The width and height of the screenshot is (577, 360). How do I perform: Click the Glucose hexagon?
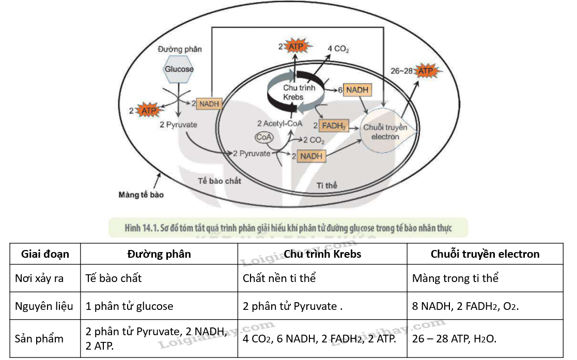click(179, 69)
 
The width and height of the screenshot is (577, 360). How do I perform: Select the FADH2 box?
click(334, 125)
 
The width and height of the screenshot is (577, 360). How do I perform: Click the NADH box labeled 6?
click(357, 90)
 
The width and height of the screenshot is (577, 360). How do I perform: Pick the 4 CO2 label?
click(339, 49)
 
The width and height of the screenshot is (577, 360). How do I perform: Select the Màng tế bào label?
click(141, 195)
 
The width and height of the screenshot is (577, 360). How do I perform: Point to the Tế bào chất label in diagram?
click(220, 181)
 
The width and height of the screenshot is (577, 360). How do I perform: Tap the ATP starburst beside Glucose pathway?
click(149, 110)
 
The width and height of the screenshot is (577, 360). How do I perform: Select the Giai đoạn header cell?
click(45, 254)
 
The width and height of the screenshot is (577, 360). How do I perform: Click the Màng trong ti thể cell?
click(456, 278)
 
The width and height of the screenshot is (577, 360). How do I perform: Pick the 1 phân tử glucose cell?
click(129, 306)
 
